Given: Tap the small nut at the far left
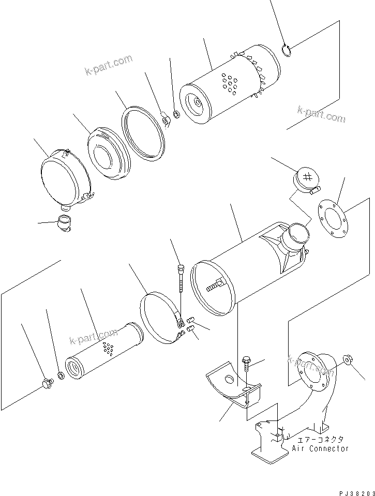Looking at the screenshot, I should point(48,383).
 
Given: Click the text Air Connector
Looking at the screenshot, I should point(321,448).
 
